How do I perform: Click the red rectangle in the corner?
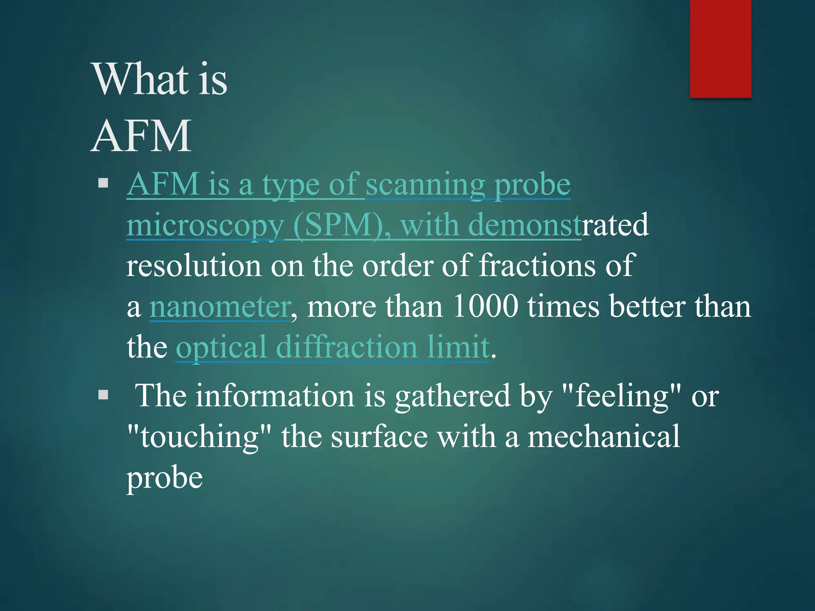tap(720, 49)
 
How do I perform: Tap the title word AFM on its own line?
tap(141, 136)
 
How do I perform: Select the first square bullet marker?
tap(103, 183)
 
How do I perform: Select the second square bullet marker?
tap(103, 395)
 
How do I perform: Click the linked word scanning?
tap(425, 185)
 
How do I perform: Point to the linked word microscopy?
tap(205, 226)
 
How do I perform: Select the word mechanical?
tap(604, 436)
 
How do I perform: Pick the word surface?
tap(379, 437)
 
